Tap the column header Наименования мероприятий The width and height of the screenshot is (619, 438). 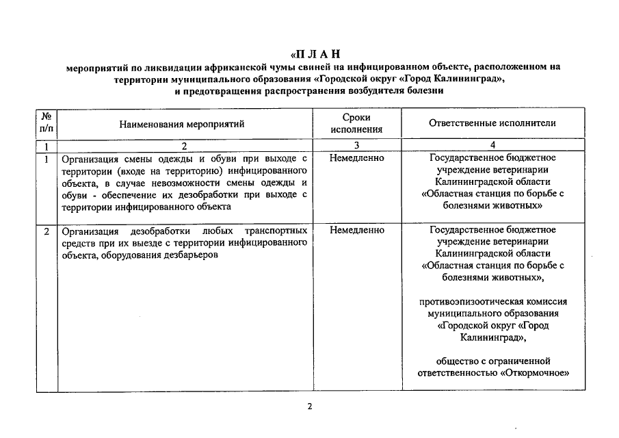coord(181,124)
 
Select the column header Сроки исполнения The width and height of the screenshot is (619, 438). coord(356,123)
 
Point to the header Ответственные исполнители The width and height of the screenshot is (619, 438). coord(492,123)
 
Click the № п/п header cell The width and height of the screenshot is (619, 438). coord(46,123)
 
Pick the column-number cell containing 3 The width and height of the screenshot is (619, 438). coord(356,146)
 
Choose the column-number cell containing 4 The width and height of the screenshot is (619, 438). coord(492,146)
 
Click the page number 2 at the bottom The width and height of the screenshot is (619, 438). coord(309,407)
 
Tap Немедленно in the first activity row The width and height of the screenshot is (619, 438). coord(356,158)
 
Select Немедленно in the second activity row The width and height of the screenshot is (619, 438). coord(356,231)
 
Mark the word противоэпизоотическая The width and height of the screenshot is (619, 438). coord(468,301)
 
